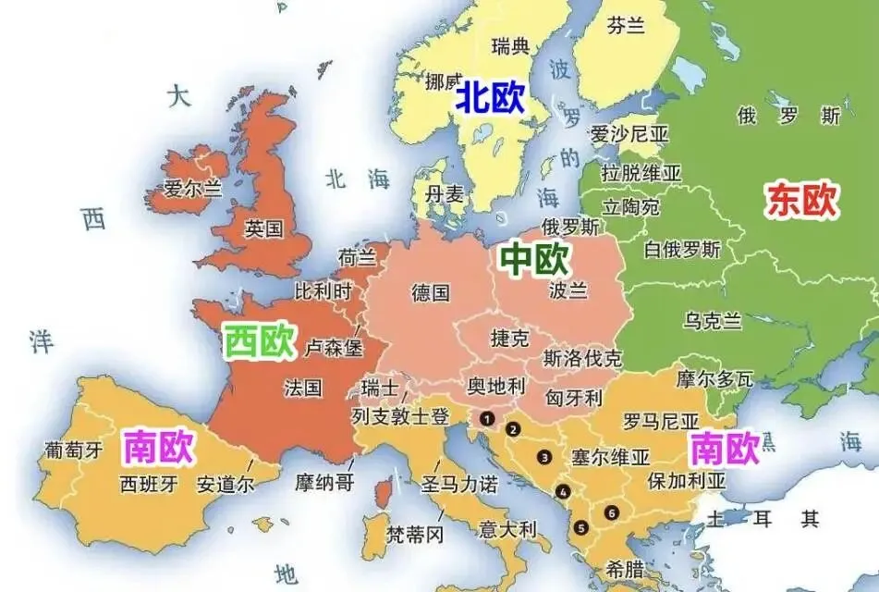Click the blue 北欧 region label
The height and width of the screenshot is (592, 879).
point(489,98)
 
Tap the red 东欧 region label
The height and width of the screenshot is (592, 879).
point(801,200)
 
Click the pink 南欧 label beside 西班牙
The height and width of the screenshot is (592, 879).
point(158,449)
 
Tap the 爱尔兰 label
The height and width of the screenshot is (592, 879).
point(193,189)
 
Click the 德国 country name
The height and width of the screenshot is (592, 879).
point(431,293)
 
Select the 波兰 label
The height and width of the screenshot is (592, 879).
point(567,290)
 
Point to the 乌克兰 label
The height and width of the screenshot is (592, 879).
point(713,321)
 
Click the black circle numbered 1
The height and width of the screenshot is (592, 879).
point(486,418)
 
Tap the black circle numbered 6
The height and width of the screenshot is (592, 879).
point(610,512)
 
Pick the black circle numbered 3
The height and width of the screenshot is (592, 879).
point(545,456)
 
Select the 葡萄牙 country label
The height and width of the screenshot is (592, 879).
point(74,450)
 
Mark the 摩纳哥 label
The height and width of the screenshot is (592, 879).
point(324,482)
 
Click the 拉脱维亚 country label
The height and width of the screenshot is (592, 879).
point(641,173)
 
